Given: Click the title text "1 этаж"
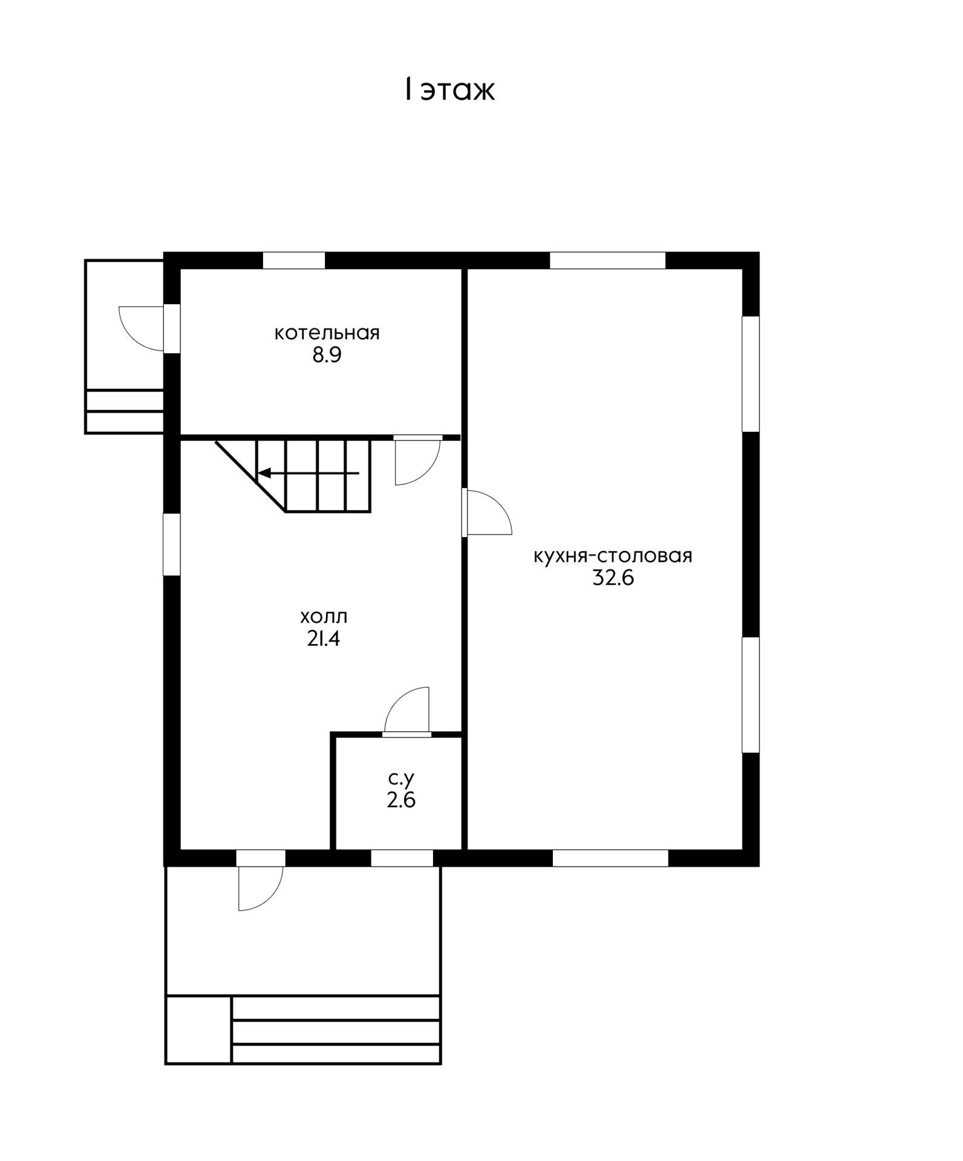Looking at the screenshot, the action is click(x=449, y=89).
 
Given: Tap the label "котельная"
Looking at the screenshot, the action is click(x=327, y=333).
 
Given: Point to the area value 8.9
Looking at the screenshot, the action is click(x=327, y=355).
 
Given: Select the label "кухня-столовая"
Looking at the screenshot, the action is click(x=613, y=556).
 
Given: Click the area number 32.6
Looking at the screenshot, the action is click(x=613, y=578).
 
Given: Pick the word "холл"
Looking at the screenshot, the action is click(x=324, y=617).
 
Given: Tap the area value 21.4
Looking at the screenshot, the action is click(x=324, y=639).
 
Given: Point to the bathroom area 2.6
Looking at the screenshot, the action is click(x=402, y=801).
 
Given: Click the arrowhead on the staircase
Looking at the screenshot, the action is click(x=264, y=473).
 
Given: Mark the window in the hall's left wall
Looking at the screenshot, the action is click(x=172, y=544).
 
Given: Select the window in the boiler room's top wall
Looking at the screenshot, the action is click(x=294, y=261).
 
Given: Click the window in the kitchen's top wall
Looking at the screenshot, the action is click(x=607, y=261).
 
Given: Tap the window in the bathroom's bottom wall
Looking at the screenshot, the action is click(x=402, y=858).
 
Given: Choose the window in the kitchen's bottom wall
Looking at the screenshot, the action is click(x=610, y=858).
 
